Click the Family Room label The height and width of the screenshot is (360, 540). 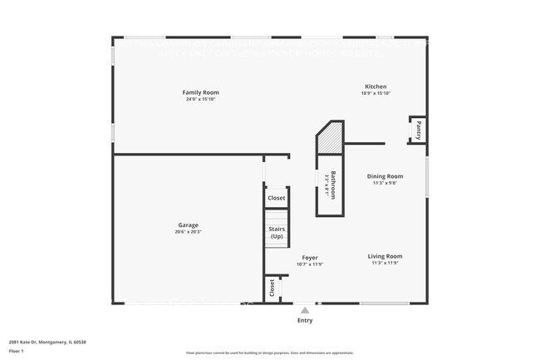(x=200, y=91)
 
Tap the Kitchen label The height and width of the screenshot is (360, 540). (x=376, y=86)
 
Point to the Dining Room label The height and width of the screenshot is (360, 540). (x=385, y=175)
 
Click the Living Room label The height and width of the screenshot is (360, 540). (x=385, y=256)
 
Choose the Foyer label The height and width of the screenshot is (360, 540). (x=309, y=258)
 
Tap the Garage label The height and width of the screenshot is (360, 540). (x=189, y=224)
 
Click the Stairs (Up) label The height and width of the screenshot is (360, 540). (x=277, y=232)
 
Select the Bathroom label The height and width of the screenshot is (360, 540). (x=333, y=185)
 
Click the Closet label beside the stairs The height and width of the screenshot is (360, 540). (x=277, y=198)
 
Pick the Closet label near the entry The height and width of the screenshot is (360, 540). (x=272, y=288)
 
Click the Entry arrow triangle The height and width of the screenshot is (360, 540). (x=305, y=310)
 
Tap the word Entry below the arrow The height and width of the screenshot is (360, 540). (x=305, y=320)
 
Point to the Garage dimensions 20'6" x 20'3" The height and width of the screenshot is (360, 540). (x=189, y=232)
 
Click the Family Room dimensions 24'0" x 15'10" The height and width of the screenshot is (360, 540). (x=200, y=99)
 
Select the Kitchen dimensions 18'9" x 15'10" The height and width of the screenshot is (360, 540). (x=376, y=93)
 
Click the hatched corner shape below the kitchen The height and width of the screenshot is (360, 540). (x=331, y=139)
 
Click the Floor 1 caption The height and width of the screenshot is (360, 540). (x=17, y=351)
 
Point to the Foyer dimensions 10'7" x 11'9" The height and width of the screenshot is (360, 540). (x=309, y=264)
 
